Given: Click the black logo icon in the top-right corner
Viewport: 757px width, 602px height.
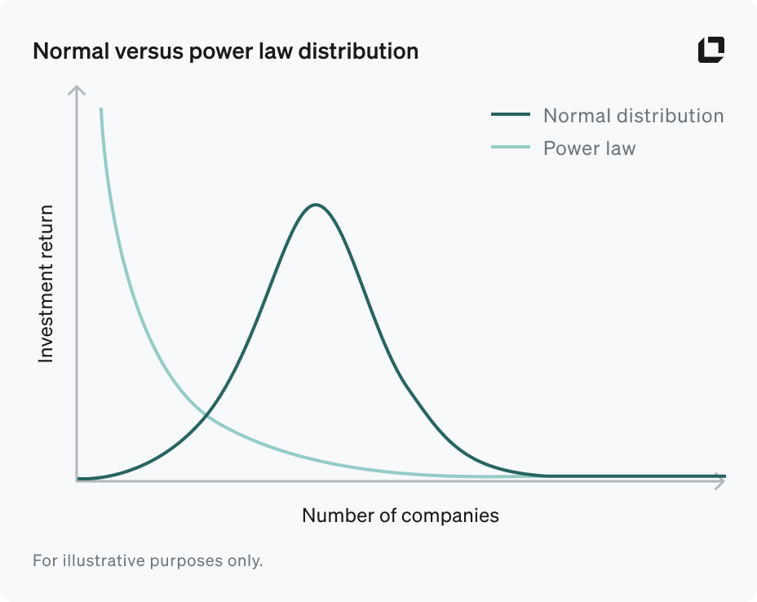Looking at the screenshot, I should pyautogui.click(x=711, y=50).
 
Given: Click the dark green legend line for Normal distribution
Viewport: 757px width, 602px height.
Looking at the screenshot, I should pyautogui.click(x=510, y=115).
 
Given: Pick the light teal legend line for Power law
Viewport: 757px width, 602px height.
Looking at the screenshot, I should pyautogui.click(x=510, y=148).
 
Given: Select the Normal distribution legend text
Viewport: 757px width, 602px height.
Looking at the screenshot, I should pyautogui.click(x=633, y=115).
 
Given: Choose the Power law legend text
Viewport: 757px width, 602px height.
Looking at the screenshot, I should pyautogui.click(x=589, y=148).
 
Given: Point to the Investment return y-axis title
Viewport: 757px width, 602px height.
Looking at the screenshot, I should pyautogui.click(x=46, y=283).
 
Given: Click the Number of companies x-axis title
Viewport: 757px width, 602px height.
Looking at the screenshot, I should pyautogui.click(x=400, y=515).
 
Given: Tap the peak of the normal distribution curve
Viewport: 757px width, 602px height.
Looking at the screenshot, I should pyautogui.click(x=316, y=205).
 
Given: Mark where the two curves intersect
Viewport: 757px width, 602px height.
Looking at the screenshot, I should pyautogui.click(x=206, y=416).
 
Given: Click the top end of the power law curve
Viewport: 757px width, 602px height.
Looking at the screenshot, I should pyautogui.click(x=101, y=109).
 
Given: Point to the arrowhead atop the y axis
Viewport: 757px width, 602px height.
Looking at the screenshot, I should pyautogui.click(x=77, y=88).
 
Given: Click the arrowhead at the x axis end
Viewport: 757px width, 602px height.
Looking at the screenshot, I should pyautogui.click(x=719, y=480).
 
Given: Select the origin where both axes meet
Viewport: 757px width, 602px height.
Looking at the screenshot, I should pyautogui.click(x=77, y=480).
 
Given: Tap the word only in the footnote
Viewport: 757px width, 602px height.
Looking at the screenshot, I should pyautogui.click(x=246, y=561).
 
